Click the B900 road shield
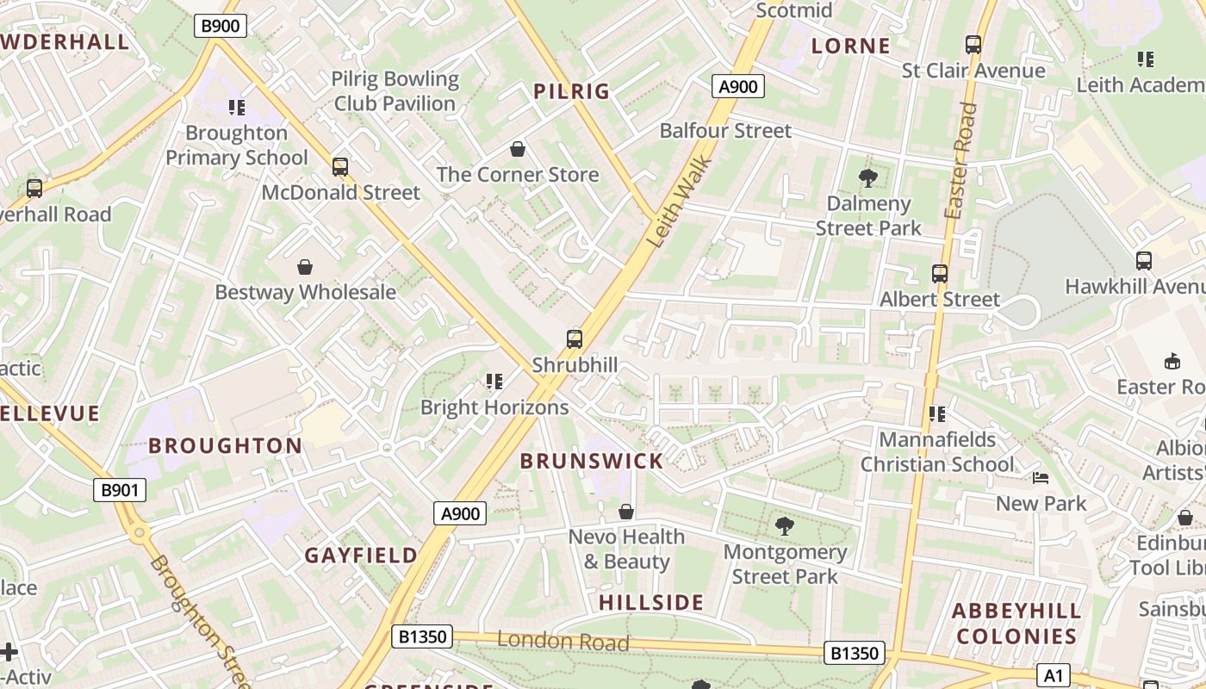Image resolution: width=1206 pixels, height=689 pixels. (221, 26)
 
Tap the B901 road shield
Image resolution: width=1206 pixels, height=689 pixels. (120, 490)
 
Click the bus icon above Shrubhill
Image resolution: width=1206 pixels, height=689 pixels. (575, 339)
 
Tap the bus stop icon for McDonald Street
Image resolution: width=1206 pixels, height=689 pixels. (340, 167)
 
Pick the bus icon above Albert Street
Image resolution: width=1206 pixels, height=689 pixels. (940, 274)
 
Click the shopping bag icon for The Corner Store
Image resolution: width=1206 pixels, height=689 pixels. (518, 150)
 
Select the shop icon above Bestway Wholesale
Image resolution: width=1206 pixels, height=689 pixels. (305, 267)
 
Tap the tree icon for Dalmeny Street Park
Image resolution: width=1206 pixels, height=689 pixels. (868, 178)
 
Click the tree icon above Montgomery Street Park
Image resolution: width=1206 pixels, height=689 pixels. (785, 525)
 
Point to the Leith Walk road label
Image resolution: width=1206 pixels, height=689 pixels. (680, 201)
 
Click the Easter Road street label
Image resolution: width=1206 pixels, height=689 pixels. (959, 161)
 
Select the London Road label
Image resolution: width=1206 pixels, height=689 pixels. (563, 641)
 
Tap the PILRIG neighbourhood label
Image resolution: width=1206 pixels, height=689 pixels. (571, 91)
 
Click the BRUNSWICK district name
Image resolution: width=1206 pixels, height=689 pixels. (592, 461)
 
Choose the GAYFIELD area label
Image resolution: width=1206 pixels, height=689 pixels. (361, 556)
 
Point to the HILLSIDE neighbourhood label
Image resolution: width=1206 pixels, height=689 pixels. (651, 602)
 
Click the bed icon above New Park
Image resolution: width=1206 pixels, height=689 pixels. (1041, 478)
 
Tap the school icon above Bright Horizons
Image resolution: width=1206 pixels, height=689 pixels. (494, 381)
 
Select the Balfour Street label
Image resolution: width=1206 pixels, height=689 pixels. (725, 131)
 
